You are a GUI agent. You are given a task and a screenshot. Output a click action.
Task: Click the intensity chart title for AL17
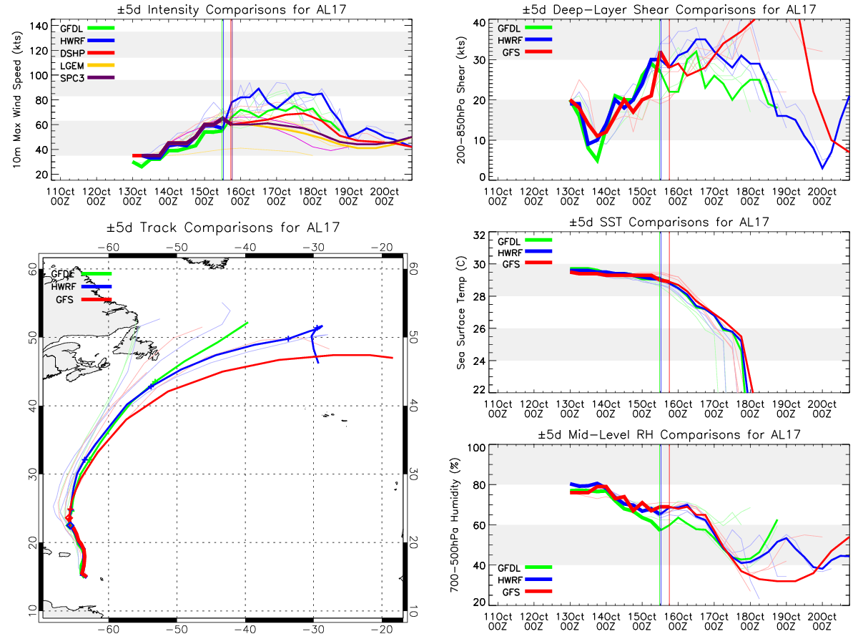(232, 9)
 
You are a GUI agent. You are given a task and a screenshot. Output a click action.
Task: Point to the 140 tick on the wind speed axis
(39, 26)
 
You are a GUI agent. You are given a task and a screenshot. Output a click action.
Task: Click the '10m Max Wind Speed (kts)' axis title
(17, 99)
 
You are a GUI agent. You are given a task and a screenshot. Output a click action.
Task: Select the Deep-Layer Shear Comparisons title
(669, 9)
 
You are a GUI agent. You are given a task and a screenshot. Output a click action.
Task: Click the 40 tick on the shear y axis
(479, 23)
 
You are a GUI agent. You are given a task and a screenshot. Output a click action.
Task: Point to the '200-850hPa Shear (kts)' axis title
(461, 100)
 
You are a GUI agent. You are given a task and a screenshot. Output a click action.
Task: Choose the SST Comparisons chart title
(669, 222)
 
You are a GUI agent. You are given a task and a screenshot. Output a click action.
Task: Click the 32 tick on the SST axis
(479, 235)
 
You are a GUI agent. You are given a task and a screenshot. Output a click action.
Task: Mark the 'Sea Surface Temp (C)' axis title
(461, 313)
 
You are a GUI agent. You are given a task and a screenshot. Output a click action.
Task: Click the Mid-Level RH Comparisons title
(669, 434)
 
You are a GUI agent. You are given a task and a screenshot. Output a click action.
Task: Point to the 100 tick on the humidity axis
(476, 448)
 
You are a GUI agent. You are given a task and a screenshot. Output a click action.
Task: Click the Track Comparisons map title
(223, 227)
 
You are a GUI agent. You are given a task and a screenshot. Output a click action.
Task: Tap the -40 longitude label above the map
(245, 248)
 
